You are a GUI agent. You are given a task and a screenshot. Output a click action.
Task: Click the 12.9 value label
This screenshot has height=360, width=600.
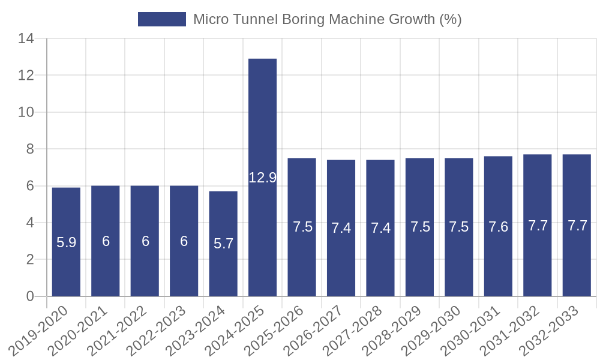262,178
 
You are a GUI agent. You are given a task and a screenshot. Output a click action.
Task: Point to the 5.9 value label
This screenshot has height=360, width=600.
66,242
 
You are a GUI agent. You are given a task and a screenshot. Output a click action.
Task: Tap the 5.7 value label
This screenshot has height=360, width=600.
223,244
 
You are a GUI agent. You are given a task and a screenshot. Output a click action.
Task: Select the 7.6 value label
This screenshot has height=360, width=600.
498,227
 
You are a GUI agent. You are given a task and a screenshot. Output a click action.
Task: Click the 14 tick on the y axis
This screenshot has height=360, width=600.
26,39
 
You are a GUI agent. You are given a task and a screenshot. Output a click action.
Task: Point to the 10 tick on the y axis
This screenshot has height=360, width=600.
26,112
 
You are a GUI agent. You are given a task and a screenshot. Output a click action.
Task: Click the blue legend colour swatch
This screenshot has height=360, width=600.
162,19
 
